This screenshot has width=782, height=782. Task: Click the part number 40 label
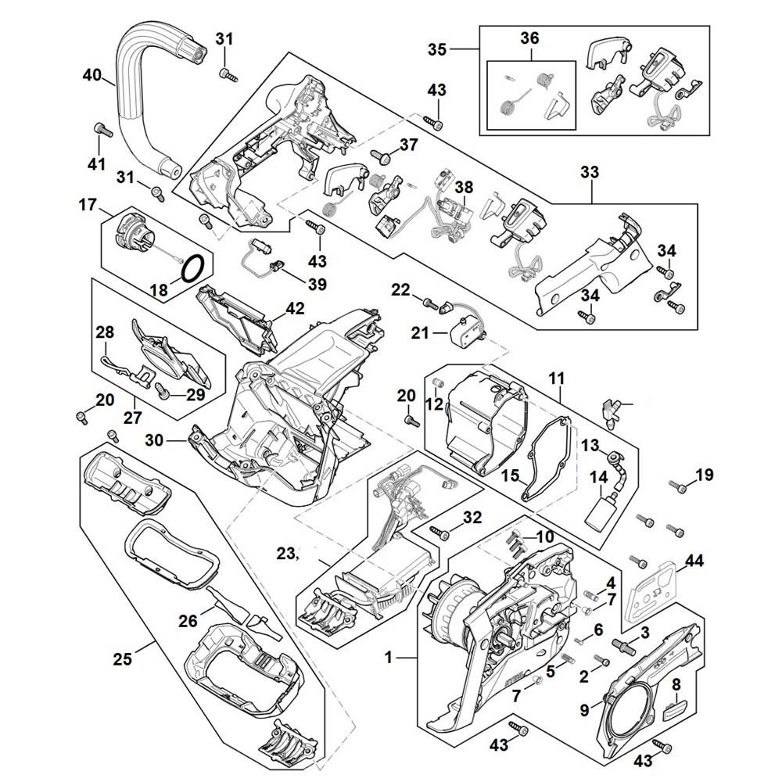pyautogui.click(x=91, y=76)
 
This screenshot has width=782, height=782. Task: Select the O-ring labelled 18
pyautogui.click(x=193, y=267)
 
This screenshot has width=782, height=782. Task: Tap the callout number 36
pyautogui.click(x=529, y=38)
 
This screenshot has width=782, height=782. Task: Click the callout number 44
pyautogui.click(x=694, y=561)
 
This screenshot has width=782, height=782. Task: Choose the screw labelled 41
pyautogui.click(x=99, y=129)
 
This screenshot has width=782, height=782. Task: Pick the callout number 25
pyautogui.click(x=122, y=658)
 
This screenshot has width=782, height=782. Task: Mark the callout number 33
pyautogui.click(x=589, y=171)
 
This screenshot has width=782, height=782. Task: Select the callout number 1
pyautogui.click(x=389, y=658)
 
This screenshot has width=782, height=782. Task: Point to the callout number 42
pyautogui.click(x=295, y=308)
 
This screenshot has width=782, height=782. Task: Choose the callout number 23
pyautogui.click(x=286, y=554)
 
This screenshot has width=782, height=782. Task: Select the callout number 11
pyautogui.click(x=556, y=379)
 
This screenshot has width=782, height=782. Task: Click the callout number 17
pyautogui.click(x=87, y=206)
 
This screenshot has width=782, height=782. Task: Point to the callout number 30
pyautogui.click(x=154, y=440)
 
